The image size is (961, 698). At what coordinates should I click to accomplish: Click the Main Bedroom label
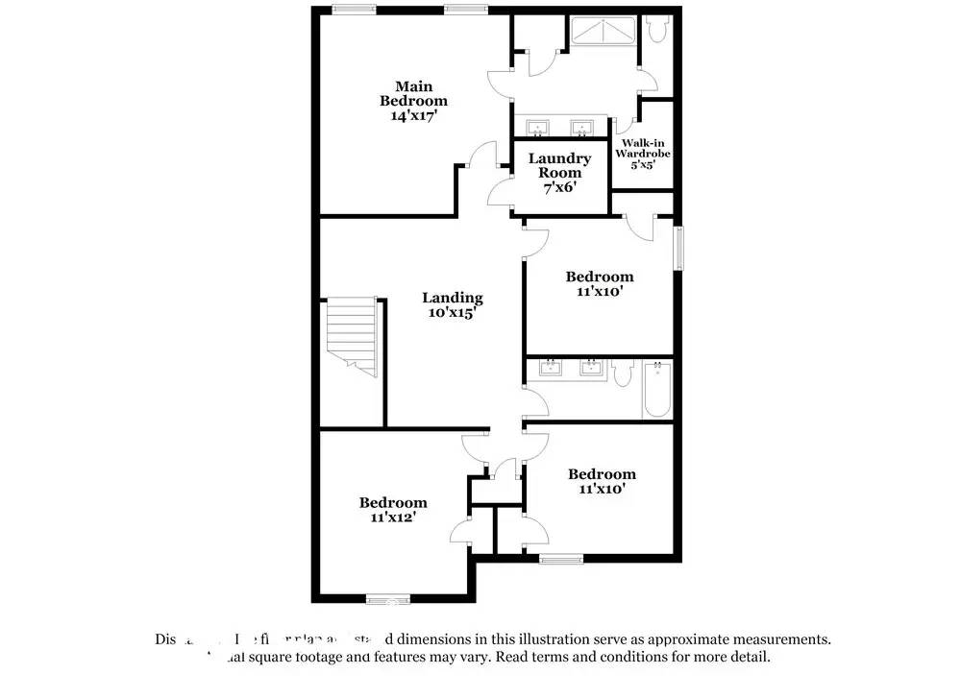(x=413, y=94)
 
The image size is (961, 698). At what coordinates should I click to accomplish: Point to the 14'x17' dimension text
(x=413, y=115)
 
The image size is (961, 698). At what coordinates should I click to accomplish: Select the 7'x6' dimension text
(x=559, y=187)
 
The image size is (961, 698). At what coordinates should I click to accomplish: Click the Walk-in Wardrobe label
(x=643, y=148)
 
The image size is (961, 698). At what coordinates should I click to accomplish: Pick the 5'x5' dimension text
(x=643, y=164)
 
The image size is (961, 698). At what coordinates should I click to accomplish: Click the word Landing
(x=453, y=298)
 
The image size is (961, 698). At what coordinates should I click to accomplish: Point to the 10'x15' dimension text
(x=451, y=312)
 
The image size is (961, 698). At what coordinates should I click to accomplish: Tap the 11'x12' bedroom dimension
(x=393, y=517)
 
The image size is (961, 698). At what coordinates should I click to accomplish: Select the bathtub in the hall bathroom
(x=656, y=389)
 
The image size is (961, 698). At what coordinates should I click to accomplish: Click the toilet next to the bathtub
(x=622, y=373)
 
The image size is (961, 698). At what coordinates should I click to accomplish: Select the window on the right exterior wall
(x=678, y=248)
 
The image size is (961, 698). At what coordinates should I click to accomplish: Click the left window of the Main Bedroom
(x=354, y=10)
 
